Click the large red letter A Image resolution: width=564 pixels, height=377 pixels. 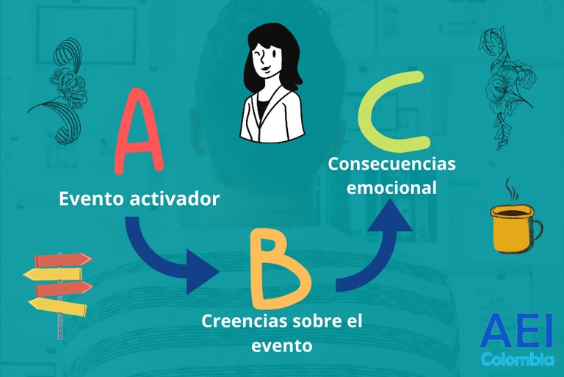coord(139,133)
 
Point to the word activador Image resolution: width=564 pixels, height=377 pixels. coord(177,198)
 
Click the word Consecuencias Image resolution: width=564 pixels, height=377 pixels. coord(391,163)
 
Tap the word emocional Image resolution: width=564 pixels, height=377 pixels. coord(391,187)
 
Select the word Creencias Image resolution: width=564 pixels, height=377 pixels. coord(239,321)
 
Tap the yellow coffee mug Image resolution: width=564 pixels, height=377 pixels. coord(513,228)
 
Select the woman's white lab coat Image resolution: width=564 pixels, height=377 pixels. coord(272,118)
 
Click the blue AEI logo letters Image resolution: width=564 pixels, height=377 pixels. coord(516,333)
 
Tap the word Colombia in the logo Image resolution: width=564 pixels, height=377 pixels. coord(517,360)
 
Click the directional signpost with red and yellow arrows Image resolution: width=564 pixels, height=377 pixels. coord(58,283)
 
